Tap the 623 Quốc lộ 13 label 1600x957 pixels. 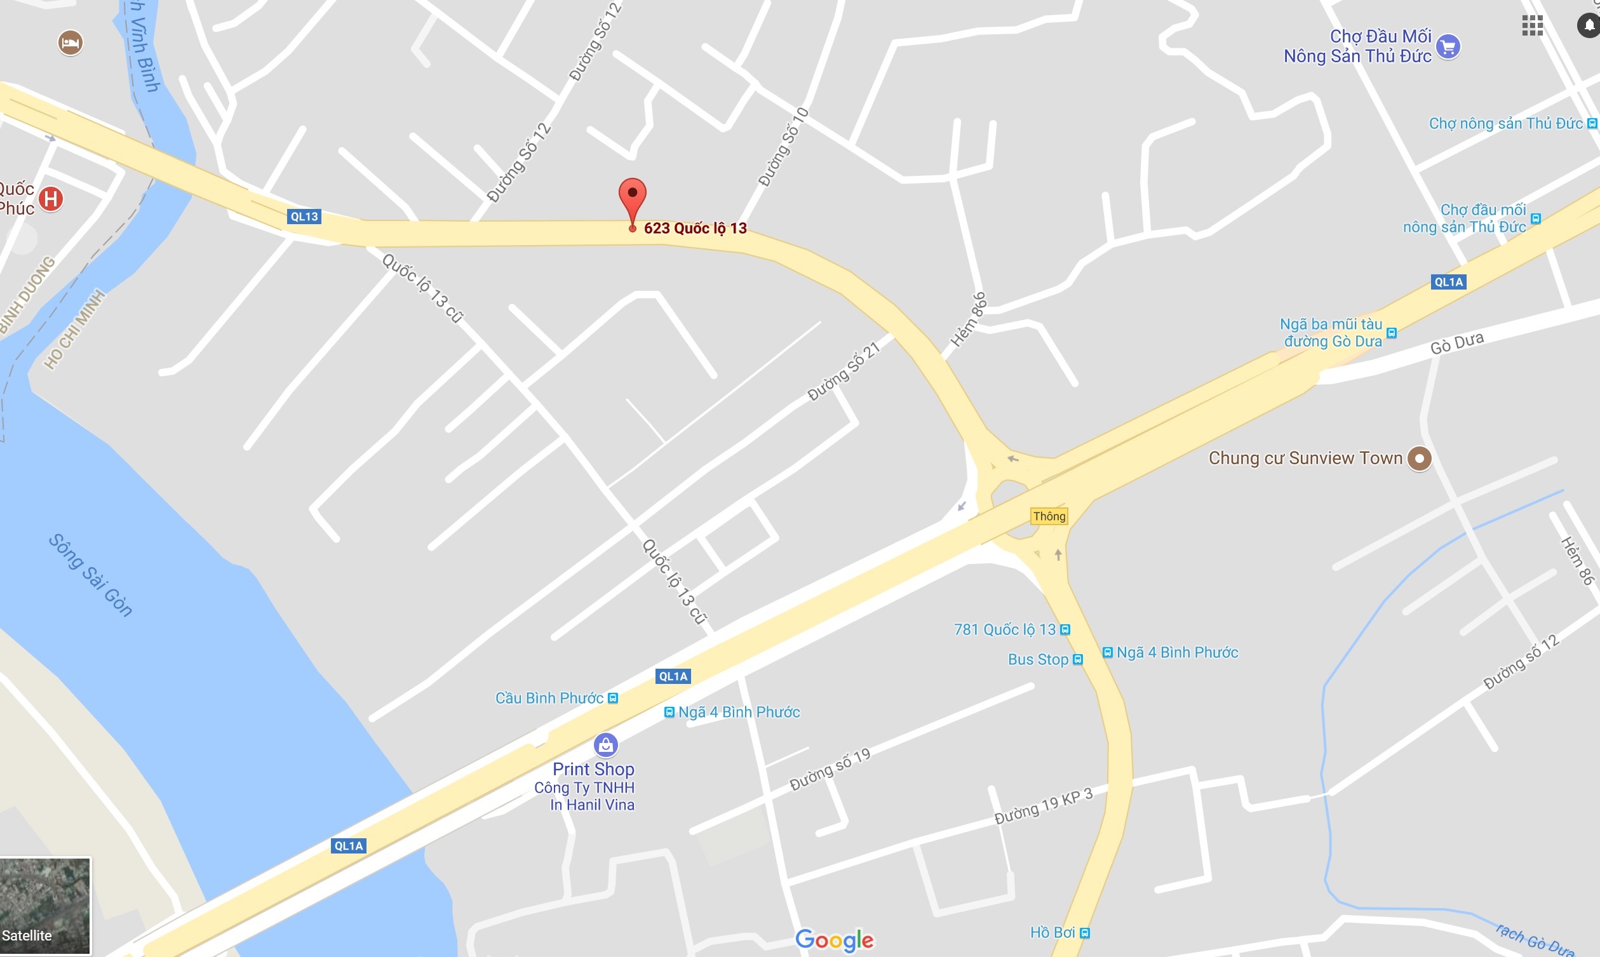click(x=696, y=228)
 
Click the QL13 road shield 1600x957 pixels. click(x=304, y=217)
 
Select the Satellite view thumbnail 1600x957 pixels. click(x=45, y=906)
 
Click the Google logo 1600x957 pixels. click(x=834, y=940)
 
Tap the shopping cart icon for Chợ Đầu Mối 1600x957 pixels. click(x=1448, y=46)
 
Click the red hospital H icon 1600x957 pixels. click(x=51, y=199)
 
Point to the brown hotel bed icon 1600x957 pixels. click(x=71, y=43)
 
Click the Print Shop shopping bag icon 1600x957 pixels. click(x=605, y=746)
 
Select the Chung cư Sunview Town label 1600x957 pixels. click(x=1305, y=458)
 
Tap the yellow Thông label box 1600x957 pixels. click(x=1049, y=516)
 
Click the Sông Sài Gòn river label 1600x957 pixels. click(x=91, y=575)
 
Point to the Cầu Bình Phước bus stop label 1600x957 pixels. click(x=549, y=699)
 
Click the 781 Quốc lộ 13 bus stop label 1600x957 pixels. click(x=1005, y=629)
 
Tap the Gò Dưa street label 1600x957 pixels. click(x=1457, y=343)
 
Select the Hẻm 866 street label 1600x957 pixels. click(x=969, y=319)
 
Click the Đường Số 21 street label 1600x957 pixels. click(x=844, y=371)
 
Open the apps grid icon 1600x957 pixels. click(x=1532, y=26)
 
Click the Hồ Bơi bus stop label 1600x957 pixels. click(x=1052, y=932)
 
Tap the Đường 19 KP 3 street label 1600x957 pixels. click(x=1044, y=806)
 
